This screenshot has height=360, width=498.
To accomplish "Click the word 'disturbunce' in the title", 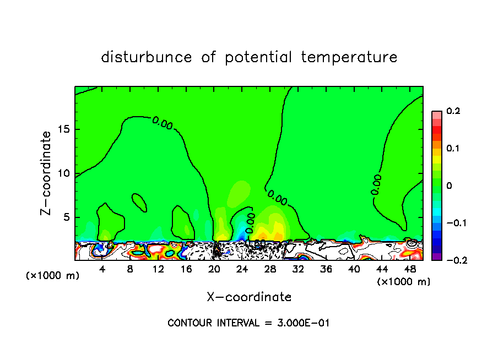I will click(x=146, y=57).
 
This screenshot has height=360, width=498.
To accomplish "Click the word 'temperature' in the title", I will click(x=349, y=57).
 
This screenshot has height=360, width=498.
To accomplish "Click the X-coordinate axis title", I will click(x=249, y=297).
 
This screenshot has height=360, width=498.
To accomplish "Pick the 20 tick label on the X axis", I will click(x=214, y=269).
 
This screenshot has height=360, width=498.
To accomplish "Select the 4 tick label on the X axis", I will click(x=102, y=269).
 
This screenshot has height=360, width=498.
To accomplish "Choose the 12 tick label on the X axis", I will click(x=158, y=269).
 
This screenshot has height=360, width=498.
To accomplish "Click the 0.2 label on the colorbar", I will click(x=453, y=111).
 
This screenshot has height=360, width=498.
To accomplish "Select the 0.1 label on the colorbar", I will click(x=453, y=149).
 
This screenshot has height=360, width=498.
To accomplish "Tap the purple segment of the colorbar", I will click(x=436, y=256).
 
